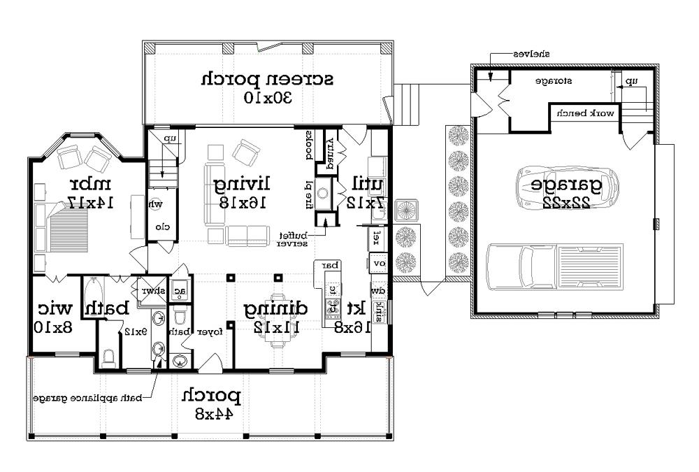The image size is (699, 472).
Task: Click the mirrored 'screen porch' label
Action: [x=267, y=78]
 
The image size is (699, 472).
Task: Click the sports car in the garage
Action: [x=567, y=187]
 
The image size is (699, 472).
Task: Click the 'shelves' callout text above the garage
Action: [x=531, y=53]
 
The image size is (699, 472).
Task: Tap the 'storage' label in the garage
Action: [x=554, y=81]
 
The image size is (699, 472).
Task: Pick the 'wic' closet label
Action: [x=55, y=308]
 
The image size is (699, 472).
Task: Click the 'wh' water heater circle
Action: [x=157, y=205]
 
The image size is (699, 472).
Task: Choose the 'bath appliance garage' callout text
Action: [x=87, y=399]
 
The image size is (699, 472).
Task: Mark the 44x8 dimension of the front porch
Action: [x=212, y=414]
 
